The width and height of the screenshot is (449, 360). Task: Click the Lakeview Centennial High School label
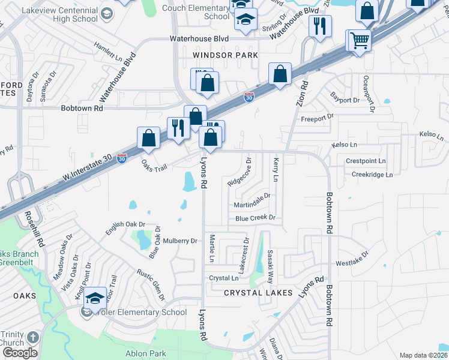tap(59, 14)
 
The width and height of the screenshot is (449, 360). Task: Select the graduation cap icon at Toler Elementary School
tap(95, 298)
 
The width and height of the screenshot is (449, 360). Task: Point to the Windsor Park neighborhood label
tap(226, 55)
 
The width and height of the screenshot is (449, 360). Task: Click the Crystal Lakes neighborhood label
tap(258, 293)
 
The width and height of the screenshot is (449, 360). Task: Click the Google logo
tap(20, 352)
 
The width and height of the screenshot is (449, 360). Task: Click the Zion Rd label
tap(301, 94)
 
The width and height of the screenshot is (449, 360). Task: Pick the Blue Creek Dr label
tap(255, 218)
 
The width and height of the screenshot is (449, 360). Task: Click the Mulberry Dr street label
tap(180, 241)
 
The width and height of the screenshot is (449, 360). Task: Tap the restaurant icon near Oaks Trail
tap(178, 127)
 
